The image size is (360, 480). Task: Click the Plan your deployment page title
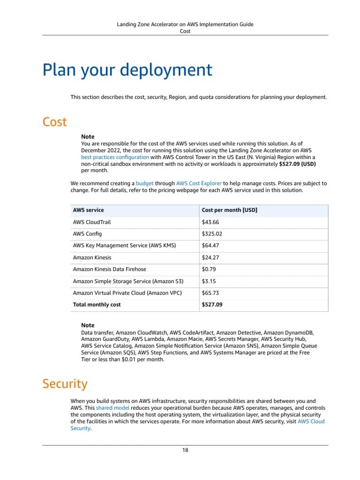tap(127, 70)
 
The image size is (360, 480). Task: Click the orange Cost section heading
tap(54, 122)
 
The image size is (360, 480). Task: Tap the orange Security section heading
tap(65, 384)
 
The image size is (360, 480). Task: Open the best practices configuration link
tap(115, 157)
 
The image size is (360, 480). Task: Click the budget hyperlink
tap(144, 183)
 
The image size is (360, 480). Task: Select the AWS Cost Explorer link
tap(199, 183)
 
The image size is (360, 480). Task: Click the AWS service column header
tap(89, 210)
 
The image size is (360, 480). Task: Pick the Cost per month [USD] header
tap(229, 210)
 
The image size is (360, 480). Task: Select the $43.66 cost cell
tap(210, 222)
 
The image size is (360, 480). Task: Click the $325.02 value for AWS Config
tap(212, 234)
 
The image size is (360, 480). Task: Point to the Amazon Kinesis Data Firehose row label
tap(110, 270)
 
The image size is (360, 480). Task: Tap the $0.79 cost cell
tap(209, 270)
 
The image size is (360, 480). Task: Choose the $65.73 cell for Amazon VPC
tap(210, 293)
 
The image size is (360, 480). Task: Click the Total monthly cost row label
tap(97, 305)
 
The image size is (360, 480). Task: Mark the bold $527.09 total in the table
tap(212, 305)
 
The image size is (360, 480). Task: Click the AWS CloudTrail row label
tap(92, 222)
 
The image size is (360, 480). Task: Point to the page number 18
tap(185, 450)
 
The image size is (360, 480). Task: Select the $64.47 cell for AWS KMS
tap(210, 246)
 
